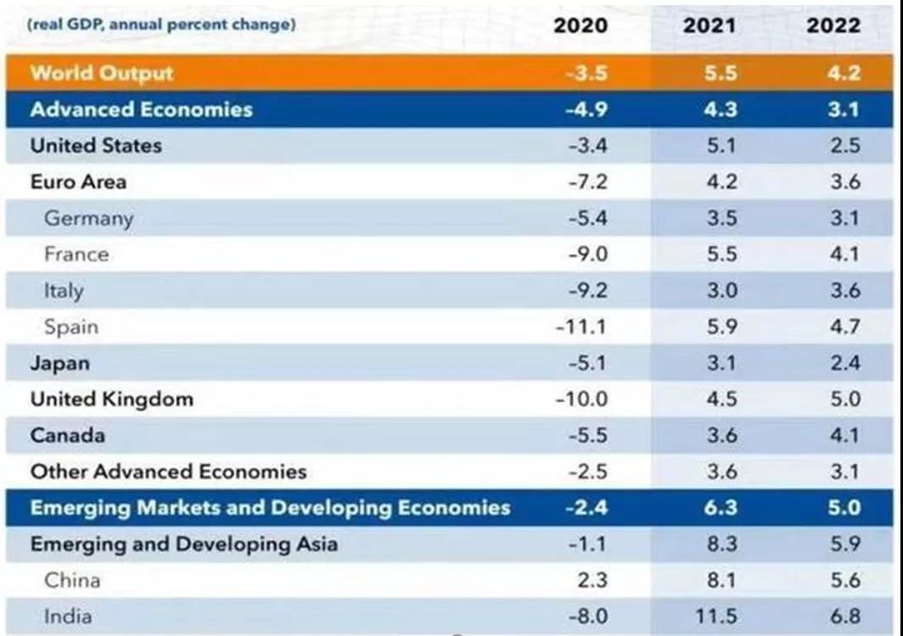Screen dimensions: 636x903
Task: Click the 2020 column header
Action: click(580, 25)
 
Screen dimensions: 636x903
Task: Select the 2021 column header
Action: click(709, 25)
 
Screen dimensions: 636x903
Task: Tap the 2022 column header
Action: click(833, 25)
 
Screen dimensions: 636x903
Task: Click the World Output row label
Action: click(101, 73)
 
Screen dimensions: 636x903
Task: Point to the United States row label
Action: click(95, 145)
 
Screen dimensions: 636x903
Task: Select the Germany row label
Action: click(88, 218)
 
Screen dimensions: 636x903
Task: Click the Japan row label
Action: click(59, 363)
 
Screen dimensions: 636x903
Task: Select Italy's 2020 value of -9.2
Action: click(586, 290)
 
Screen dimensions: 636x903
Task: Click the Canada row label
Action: click(68, 436)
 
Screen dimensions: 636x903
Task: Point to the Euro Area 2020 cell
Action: click(586, 182)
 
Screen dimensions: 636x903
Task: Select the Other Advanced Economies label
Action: click(168, 471)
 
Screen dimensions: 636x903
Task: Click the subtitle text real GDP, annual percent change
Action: click(161, 25)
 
